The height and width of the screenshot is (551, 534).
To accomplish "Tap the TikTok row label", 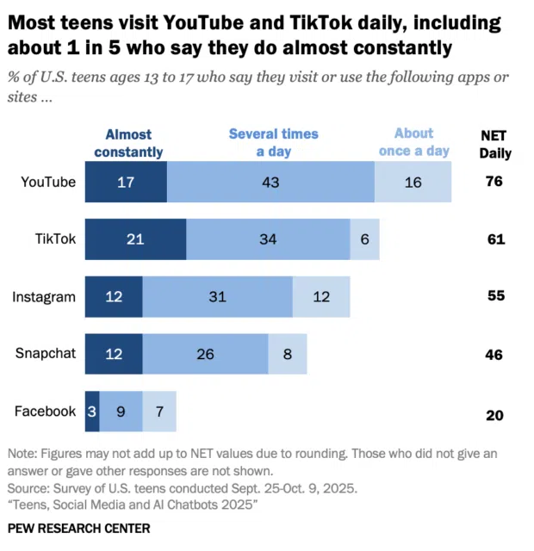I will (x=55, y=239).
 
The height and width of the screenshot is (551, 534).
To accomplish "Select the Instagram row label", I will (x=44, y=297).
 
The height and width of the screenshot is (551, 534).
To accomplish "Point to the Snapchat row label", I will (x=46, y=354).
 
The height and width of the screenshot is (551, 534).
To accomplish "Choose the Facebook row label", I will (x=45, y=412).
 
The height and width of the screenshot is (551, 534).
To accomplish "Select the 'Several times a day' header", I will (x=273, y=143).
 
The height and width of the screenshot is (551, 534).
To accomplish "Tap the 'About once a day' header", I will (x=414, y=142).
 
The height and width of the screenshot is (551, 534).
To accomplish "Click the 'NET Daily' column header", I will (x=495, y=144).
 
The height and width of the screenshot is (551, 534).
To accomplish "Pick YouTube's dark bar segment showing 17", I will (x=126, y=182).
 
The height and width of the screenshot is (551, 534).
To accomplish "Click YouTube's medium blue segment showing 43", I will (x=270, y=182).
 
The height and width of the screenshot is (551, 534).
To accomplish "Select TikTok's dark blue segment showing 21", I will (x=135, y=239).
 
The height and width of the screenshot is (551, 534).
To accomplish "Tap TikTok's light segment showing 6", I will (x=364, y=239).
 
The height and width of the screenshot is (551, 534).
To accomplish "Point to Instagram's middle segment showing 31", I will (x=218, y=297).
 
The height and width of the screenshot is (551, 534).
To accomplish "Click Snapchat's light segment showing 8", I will (x=288, y=354).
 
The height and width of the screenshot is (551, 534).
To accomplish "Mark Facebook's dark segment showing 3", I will (x=92, y=412).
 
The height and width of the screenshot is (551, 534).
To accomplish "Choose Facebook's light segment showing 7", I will (x=159, y=412).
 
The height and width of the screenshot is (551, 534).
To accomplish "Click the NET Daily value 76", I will (x=494, y=182).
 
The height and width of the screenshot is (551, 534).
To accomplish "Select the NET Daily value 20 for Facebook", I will (x=494, y=415).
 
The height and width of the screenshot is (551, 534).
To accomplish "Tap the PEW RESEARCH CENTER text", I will (x=78, y=528).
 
